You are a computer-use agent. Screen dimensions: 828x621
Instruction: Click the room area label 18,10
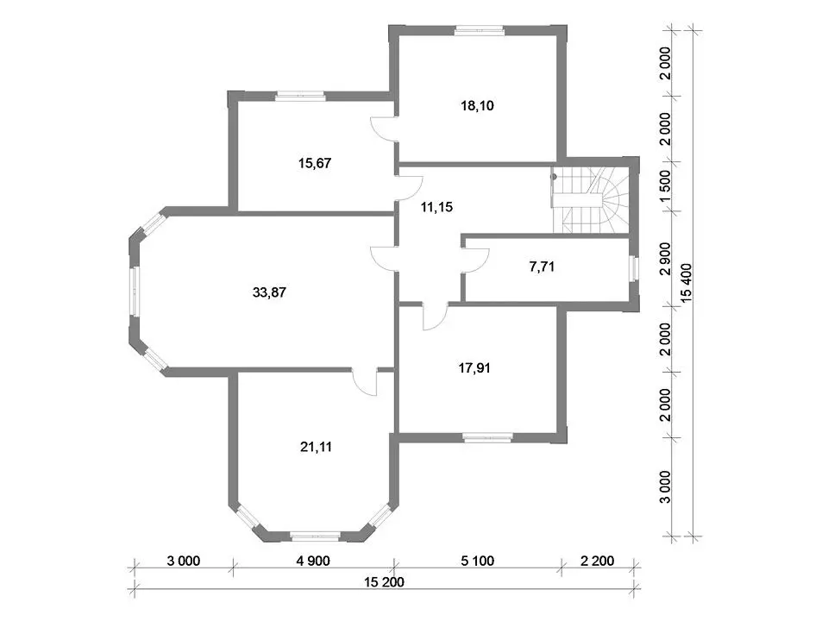[x=477, y=105]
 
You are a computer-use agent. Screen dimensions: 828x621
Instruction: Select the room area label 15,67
[x=315, y=163]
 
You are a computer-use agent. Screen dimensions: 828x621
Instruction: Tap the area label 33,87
[x=269, y=292]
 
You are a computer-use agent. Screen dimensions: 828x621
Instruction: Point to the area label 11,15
[x=436, y=207]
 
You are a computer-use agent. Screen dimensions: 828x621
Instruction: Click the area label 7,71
[x=542, y=267]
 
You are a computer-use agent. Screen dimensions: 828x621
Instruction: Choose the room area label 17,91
[x=474, y=368]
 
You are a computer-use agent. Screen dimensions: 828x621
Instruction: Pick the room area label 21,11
[x=316, y=448]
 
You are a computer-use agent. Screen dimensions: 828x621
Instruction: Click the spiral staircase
[x=590, y=199]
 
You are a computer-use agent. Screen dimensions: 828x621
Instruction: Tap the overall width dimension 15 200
[x=384, y=582]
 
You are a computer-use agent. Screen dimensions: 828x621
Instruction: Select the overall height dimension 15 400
[x=686, y=283]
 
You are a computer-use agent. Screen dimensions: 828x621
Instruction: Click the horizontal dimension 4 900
[x=313, y=561]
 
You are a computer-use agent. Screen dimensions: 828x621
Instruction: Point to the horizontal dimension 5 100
[x=477, y=561]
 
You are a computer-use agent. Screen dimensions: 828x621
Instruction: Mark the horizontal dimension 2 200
[x=597, y=561]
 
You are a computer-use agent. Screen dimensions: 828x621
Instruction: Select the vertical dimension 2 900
[x=665, y=259]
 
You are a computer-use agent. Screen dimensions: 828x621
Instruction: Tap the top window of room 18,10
[x=480, y=31]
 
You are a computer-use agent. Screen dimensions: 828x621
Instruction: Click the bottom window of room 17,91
[x=488, y=436]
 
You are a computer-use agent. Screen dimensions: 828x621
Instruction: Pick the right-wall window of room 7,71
[x=634, y=267]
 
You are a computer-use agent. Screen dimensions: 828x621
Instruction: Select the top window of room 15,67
[x=300, y=96]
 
